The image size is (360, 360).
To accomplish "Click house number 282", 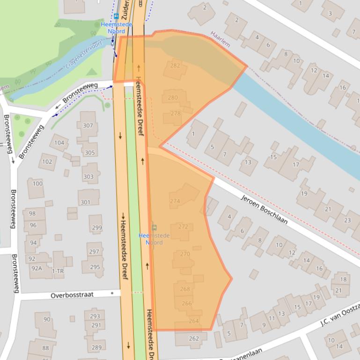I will pyautogui.click(x=175, y=65).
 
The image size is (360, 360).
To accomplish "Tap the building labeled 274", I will pyautogui.click(x=175, y=201).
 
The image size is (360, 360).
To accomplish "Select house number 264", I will pyautogui.click(x=194, y=321).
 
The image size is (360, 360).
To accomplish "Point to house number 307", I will pyautogui.click(x=88, y=125).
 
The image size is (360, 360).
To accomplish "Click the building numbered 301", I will pyautogui.click(x=85, y=202).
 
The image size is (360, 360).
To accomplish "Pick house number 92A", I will pyautogui.click(x=36, y=268).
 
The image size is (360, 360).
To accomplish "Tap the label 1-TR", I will pyautogui.click(x=58, y=271).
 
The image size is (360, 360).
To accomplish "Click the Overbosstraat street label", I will pyautogui.click(x=72, y=295).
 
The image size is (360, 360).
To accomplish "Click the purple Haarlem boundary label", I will pyautogui.click(x=220, y=39).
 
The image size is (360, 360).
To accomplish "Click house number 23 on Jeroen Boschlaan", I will pyautogui.click(x=347, y=220).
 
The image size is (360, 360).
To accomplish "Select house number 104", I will pyautogui.click(x=59, y=143).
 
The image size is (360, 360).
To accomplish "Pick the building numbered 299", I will pyautogui.click(x=96, y=228).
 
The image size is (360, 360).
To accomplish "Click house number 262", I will pyautogui.click(x=194, y=338).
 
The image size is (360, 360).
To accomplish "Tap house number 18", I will pyautogui.click(x=343, y=280).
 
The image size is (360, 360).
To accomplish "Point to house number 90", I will pyautogui.click(x=46, y=319).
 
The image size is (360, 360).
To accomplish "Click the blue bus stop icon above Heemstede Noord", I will pyautogui.click(x=116, y=16).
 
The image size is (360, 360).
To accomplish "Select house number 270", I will pyautogui.click(x=185, y=254).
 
